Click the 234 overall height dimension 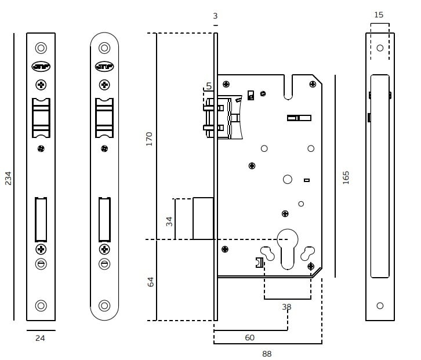8,178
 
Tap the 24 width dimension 40,338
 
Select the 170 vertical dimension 149,139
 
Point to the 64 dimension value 150,282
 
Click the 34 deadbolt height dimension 169,220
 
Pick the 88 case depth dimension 267,353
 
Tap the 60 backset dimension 250,337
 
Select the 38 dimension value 286,307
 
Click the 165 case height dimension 346,177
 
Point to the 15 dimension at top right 379,15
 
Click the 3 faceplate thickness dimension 215,16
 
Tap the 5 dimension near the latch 209,86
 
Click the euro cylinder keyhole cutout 288,246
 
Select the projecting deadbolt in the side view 203,219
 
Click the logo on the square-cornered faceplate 41,66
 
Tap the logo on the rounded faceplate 104,66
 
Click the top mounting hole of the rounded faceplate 104,48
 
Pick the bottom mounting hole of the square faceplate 41,305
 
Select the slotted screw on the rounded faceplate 104,264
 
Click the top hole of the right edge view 380,48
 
